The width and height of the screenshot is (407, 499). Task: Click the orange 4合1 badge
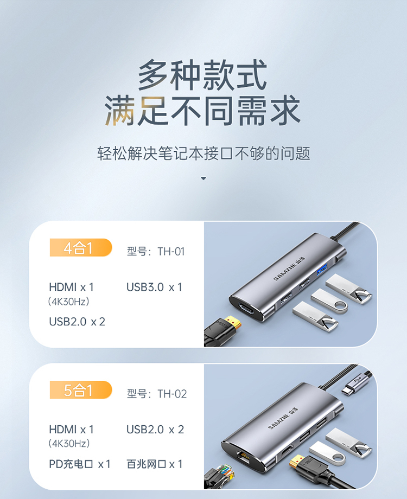pos(81,247)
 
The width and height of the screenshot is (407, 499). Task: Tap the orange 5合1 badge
pos(81,390)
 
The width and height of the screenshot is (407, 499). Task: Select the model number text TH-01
pos(171,252)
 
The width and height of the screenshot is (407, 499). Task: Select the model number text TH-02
pos(172,394)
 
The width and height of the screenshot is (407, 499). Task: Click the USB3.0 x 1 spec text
pos(154,287)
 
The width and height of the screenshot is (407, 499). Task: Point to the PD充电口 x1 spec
pos(80,464)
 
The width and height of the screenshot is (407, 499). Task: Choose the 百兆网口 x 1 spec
pos(155,464)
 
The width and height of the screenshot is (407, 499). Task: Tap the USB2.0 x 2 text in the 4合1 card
pos(77,322)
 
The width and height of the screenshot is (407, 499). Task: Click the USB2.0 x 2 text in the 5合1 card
pos(155,430)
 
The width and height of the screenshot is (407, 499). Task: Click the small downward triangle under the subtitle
pos(203,178)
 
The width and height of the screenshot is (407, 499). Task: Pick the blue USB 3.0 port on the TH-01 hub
pos(322,269)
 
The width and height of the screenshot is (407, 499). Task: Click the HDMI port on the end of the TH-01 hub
pos(247,308)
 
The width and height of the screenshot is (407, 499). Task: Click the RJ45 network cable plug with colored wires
pos(220,477)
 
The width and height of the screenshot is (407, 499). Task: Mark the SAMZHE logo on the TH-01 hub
pos(289,269)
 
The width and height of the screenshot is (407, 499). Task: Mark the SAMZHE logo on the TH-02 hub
pos(283,418)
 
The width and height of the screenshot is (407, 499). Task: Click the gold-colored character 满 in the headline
pos(120,111)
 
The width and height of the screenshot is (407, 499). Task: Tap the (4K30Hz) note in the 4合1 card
pos(69,302)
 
